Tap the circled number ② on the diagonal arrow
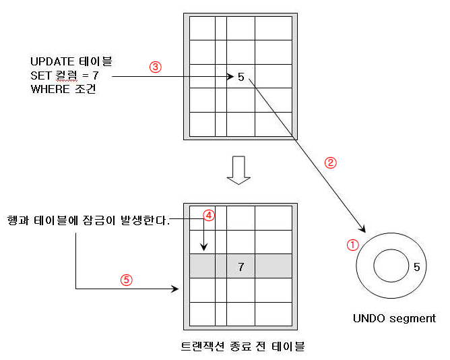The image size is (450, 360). pyautogui.click(x=330, y=162)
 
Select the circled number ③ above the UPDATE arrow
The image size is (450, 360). pyautogui.click(x=155, y=67)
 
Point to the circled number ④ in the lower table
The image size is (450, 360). pyautogui.click(x=209, y=216)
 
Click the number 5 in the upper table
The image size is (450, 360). pyautogui.click(x=241, y=77)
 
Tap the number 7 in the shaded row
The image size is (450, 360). pyautogui.click(x=240, y=267)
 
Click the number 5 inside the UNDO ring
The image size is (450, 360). pyautogui.click(x=416, y=267)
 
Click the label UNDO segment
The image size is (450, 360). pyautogui.click(x=394, y=318)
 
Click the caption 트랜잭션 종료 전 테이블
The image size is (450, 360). pyautogui.click(x=243, y=347)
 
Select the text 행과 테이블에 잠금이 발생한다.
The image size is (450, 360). pyautogui.click(x=88, y=220)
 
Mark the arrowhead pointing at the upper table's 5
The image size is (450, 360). pyautogui.click(x=230, y=77)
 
